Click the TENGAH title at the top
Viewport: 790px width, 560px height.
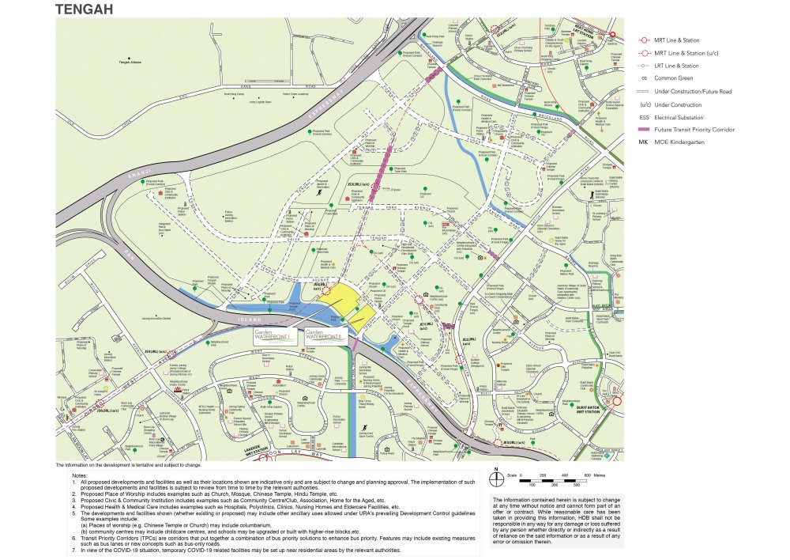point(84,9)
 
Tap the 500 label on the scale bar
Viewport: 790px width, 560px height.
point(587,483)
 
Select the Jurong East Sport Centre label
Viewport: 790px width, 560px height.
point(365,433)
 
